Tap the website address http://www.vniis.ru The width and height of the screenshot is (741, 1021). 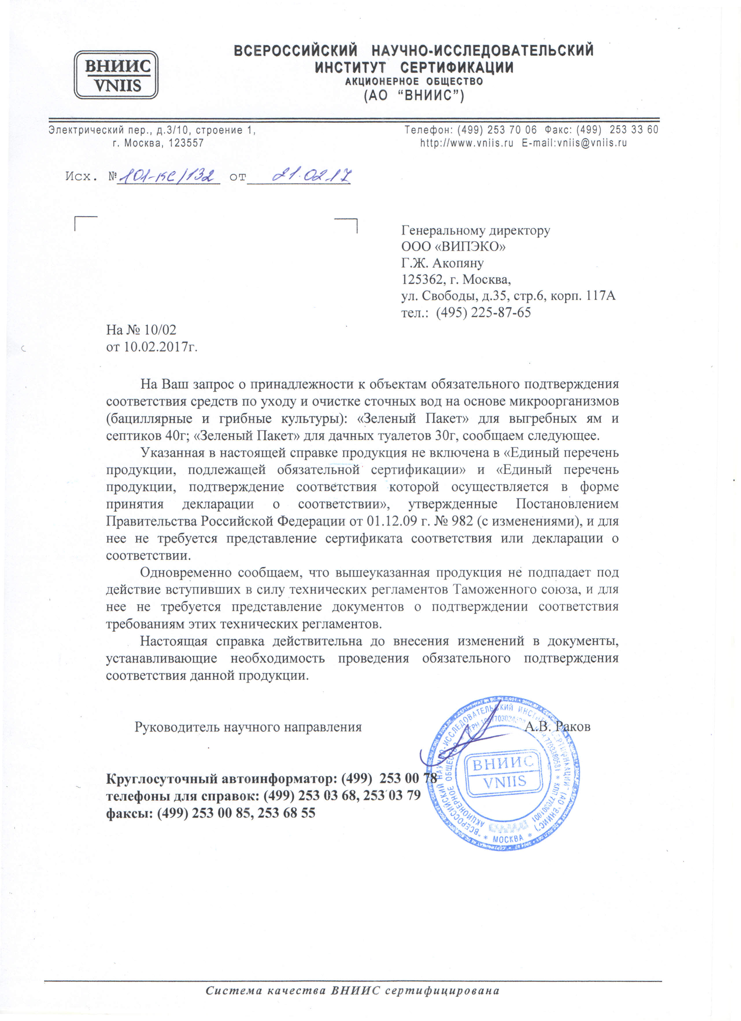[466, 143]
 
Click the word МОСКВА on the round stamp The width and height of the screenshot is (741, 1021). [508, 839]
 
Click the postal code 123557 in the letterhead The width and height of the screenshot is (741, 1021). [186, 143]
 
